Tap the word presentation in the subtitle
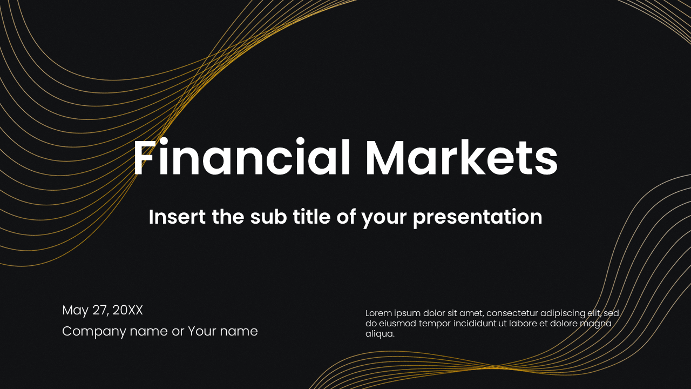click(x=478, y=218)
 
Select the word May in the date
click(x=74, y=311)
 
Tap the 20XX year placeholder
click(x=128, y=311)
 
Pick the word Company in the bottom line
click(x=94, y=331)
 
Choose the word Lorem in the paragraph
click(x=377, y=313)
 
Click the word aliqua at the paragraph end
click(x=380, y=334)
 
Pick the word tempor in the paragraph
click(x=430, y=324)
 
